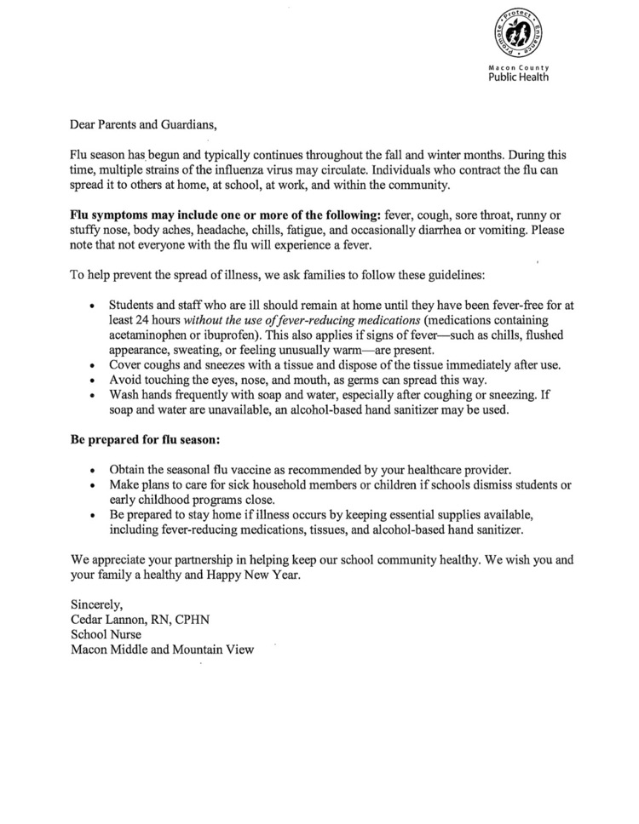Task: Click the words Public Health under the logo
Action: pos(518,76)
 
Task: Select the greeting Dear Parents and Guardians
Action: pos(143,123)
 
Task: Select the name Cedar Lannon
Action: pos(109,619)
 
